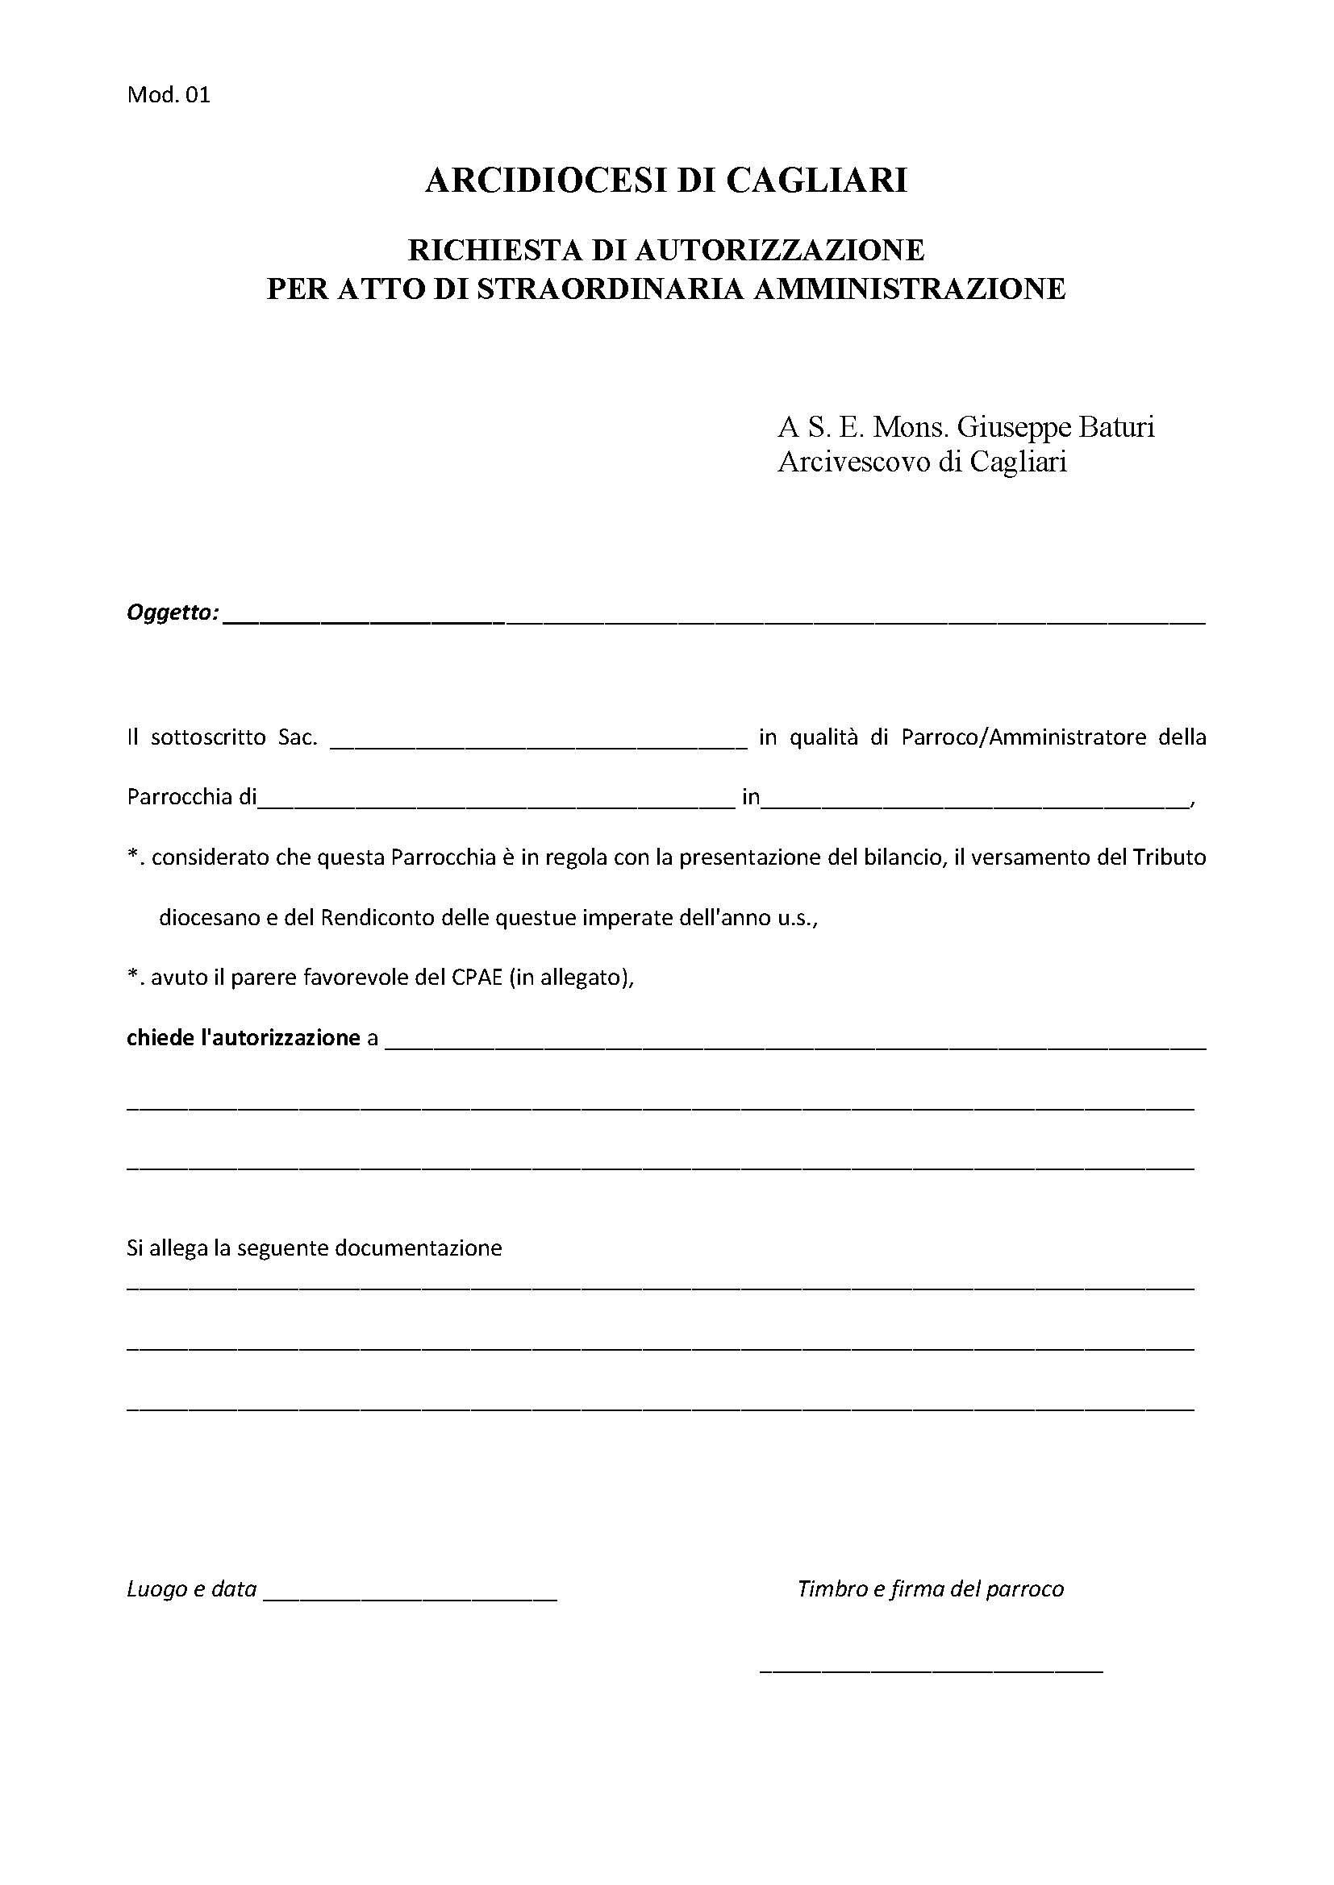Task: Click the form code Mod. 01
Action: (169, 95)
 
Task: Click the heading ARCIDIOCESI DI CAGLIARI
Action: (666, 181)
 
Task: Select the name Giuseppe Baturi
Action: (1057, 428)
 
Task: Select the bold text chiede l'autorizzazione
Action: (243, 1039)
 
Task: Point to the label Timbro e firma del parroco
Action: (930, 1589)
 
